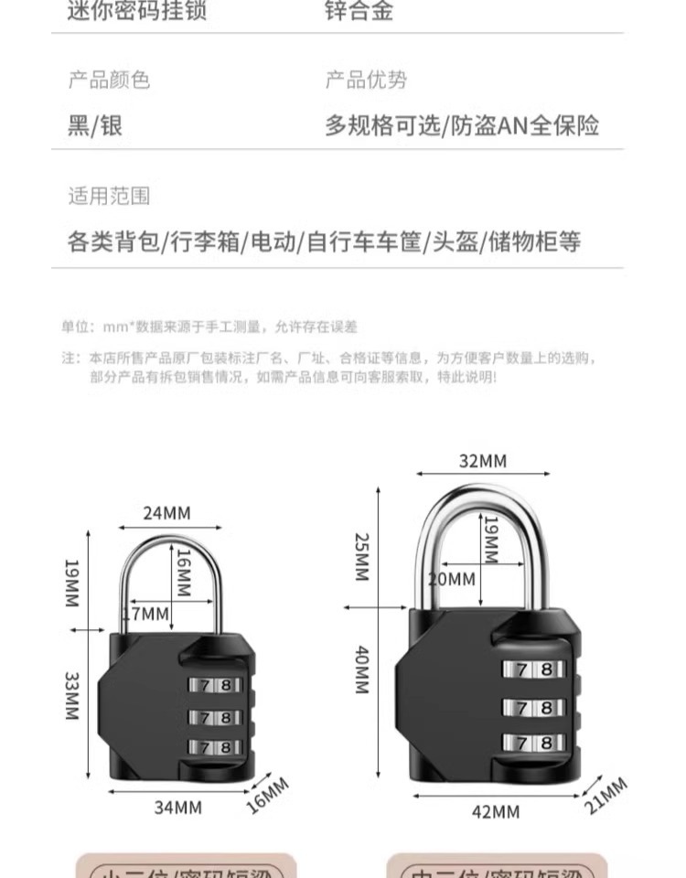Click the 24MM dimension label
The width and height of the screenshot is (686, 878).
[166, 512]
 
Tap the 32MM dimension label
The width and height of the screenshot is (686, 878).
[482, 460]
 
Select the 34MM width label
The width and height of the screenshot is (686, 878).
[177, 808]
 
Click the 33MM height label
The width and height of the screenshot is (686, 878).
[72, 696]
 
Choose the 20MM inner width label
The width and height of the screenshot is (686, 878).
[451, 578]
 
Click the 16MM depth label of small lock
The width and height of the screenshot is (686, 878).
[268, 795]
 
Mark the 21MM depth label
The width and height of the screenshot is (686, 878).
[605, 795]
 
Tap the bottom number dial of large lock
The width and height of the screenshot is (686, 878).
[534, 743]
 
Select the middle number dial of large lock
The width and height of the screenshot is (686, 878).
[534, 706]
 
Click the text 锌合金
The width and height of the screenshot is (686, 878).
[359, 11]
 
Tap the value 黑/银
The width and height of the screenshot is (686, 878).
[95, 125]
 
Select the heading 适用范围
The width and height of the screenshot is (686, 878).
[108, 196]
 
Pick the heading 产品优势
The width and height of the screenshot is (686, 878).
[366, 80]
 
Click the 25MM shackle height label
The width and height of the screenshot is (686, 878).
[361, 557]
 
